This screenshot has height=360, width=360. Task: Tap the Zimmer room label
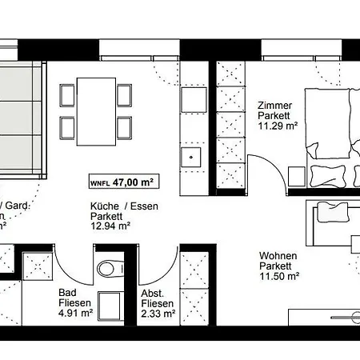click(274, 106)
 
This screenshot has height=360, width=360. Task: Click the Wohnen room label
click(278, 256)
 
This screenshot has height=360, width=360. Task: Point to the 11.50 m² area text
click(279, 276)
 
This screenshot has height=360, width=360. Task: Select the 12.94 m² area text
click(110, 226)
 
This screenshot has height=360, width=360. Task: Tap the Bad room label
click(67, 293)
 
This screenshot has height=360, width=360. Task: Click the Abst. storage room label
click(152, 293)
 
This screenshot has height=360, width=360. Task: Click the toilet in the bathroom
click(107, 269)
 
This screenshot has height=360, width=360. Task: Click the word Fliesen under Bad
click(74, 303)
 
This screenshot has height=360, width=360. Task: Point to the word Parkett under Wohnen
click(276, 266)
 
